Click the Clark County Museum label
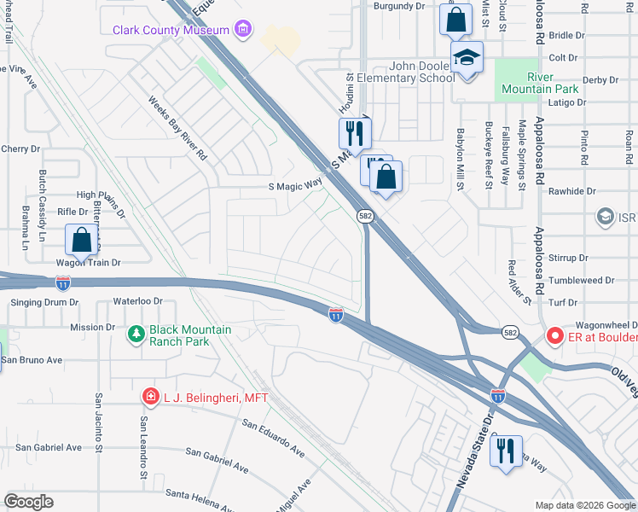tap(171, 30)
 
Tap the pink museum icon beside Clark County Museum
tap(243, 30)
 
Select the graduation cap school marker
tap(467, 60)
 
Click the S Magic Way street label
tap(295, 185)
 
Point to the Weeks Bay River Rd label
tap(177, 129)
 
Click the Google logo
tap(28, 502)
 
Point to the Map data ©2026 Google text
tap(584, 505)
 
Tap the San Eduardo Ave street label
tap(273, 437)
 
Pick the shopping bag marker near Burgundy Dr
tap(456, 19)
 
